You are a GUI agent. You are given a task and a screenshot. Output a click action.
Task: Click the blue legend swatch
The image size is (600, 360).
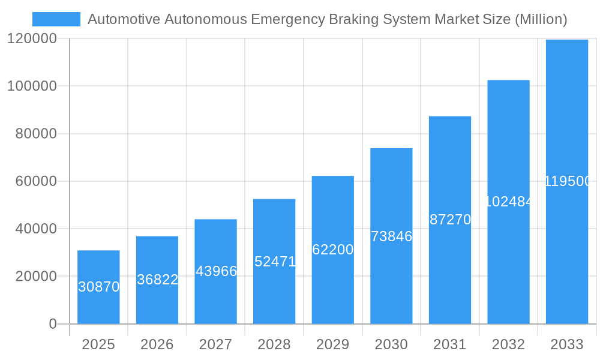[x=56, y=19]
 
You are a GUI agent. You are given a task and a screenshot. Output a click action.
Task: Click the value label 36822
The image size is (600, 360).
[x=157, y=280]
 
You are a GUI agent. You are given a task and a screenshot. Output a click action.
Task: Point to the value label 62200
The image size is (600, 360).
[x=333, y=250]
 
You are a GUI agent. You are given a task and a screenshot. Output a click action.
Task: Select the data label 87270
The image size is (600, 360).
[x=450, y=220]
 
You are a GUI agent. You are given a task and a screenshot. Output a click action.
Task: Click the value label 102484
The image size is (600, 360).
[x=508, y=202]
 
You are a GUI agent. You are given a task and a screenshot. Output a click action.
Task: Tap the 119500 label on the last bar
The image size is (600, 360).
[x=568, y=181]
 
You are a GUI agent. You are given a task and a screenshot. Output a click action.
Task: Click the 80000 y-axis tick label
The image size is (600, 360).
[x=35, y=134]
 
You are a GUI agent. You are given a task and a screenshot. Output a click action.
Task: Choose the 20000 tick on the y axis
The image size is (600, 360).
[x=35, y=277]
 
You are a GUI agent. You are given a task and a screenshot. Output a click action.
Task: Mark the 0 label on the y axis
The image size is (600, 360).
[x=52, y=324]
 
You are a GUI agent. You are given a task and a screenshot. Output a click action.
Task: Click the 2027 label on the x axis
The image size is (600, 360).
[x=215, y=344]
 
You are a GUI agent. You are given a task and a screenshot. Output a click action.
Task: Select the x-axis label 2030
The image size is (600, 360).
[x=391, y=344]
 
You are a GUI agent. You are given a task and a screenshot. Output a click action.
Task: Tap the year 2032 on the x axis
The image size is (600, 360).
[x=508, y=344]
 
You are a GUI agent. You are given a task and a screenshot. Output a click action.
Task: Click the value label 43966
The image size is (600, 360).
[x=216, y=271]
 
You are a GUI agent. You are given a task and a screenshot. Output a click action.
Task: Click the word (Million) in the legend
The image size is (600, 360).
[x=541, y=19]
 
